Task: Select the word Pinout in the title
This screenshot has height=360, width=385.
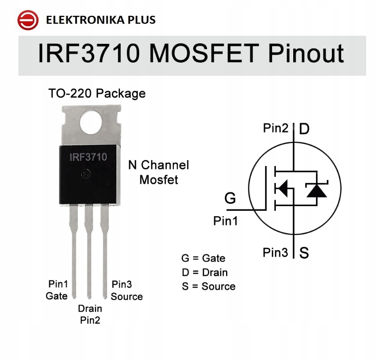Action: coord(306,54)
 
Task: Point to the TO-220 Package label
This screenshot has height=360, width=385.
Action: coord(97,93)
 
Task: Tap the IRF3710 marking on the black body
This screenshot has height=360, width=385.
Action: coord(88,157)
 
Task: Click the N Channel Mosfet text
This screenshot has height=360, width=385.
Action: coord(158,172)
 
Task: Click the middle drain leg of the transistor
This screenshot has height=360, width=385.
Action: coord(88,251)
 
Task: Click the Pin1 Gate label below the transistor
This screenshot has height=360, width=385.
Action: coord(57,290)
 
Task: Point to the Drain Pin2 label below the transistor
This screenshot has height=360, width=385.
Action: coord(90,314)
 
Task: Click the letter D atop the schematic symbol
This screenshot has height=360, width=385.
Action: coord(304,129)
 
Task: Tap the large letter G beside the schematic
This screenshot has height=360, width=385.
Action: coord(230,198)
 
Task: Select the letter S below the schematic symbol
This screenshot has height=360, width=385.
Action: coord(304,253)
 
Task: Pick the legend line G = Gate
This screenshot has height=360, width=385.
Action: coord(203,258)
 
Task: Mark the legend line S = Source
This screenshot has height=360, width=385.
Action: coord(208,286)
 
